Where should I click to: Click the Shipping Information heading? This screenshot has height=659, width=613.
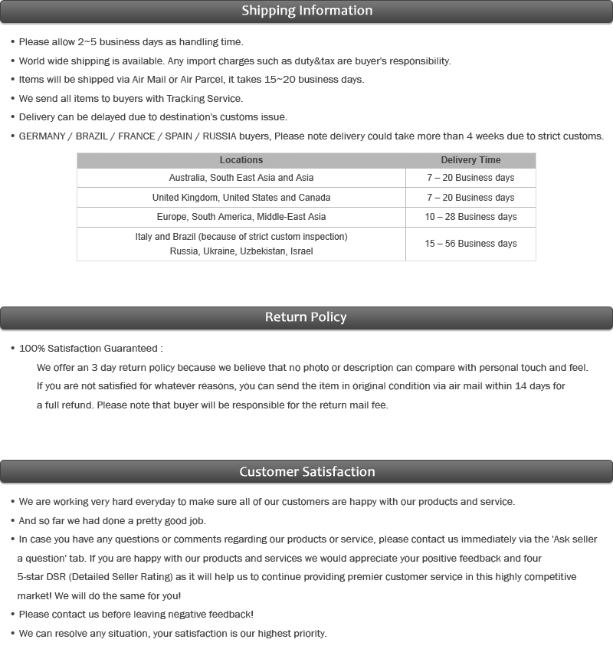pyautogui.click(x=306, y=11)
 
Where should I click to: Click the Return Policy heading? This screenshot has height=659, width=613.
pyautogui.click(x=306, y=317)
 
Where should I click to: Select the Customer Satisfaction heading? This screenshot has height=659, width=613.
pyautogui.click(x=306, y=471)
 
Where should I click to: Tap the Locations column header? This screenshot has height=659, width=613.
pyautogui.click(x=241, y=160)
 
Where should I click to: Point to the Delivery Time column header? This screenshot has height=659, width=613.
pyautogui.click(x=470, y=160)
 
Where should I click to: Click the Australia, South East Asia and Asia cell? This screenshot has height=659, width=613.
pyautogui.click(x=241, y=178)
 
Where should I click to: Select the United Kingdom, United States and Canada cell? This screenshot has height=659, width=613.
pyautogui.click(x=241, y=198)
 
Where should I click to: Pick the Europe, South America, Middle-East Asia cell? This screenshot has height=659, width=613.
pyautogui.click(x=241, y=217)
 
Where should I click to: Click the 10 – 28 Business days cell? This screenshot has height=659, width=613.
pyautogui.click(x=470, y=217)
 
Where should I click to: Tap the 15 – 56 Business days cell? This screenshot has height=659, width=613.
pyautogui.click(x=470, y=244)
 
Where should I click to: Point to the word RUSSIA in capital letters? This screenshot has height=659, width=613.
pyautogui.click(x=222, y=136)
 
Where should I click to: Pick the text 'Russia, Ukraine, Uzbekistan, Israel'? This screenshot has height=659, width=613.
pyautogui.click(x=241, y=251)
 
